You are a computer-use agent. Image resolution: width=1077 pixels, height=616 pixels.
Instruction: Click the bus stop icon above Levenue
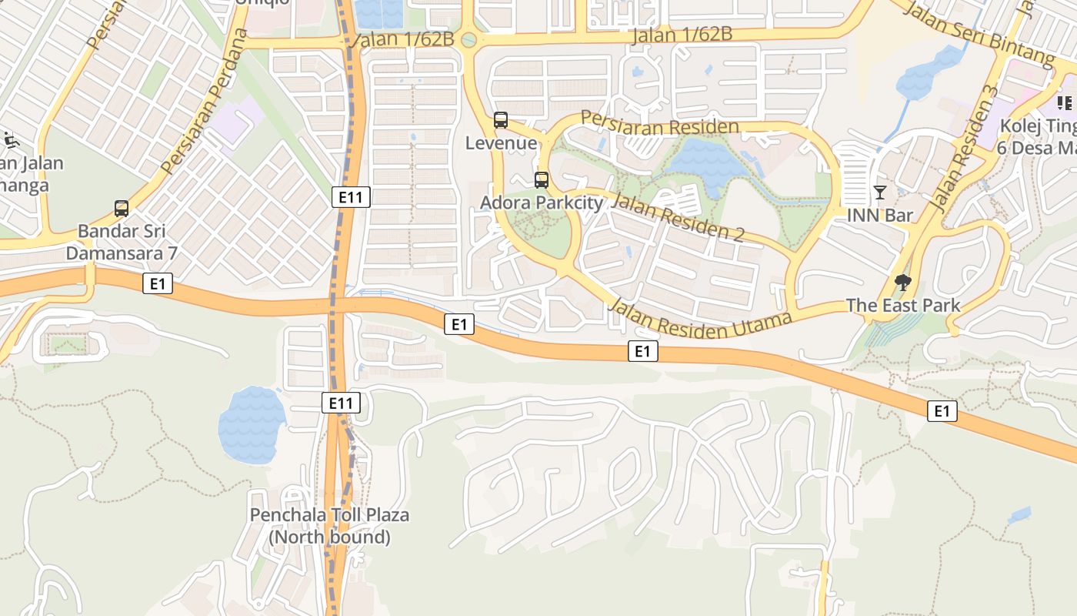click(x=500, y=120)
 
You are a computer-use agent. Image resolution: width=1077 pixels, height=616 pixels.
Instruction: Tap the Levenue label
click(x=501, y=143)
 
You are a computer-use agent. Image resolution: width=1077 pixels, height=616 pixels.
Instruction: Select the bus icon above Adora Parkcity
click(x=542, y=180)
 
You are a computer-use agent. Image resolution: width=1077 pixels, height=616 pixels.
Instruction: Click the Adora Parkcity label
click(x=542, y=203)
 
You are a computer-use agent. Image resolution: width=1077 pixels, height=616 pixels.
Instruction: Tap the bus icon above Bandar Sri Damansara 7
click(x=122, y=208)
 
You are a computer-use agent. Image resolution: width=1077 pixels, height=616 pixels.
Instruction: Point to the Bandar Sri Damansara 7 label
click(x=122, y=242)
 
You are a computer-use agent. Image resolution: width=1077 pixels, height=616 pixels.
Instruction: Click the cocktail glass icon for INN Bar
click(x=880, y=192)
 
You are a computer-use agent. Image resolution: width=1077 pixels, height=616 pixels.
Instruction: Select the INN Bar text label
click(x=880, y=215)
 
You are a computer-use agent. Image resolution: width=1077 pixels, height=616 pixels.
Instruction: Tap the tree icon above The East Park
click(x=903, y=283)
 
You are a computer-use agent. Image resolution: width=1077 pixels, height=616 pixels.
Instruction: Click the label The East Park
click(x=903, y=305)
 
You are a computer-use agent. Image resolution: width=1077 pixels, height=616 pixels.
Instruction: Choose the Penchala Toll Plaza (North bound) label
click(x=329, y=526)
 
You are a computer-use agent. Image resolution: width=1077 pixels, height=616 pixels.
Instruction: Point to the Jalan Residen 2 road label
click(x=676, y=218)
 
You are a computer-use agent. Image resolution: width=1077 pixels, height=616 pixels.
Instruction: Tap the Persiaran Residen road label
click(x=659, y=123)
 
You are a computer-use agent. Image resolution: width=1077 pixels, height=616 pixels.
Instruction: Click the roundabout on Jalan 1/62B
click(x=468, y=38)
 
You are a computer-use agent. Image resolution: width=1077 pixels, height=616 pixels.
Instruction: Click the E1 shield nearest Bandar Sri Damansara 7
click(x=158, y=284)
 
